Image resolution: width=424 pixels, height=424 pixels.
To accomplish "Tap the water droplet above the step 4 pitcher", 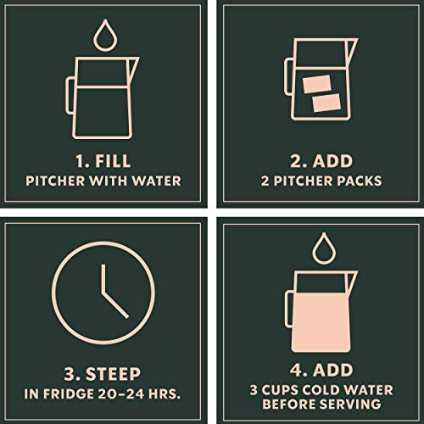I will [x=319, y=248].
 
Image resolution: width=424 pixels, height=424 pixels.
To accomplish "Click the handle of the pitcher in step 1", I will [x=72, y=87].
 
